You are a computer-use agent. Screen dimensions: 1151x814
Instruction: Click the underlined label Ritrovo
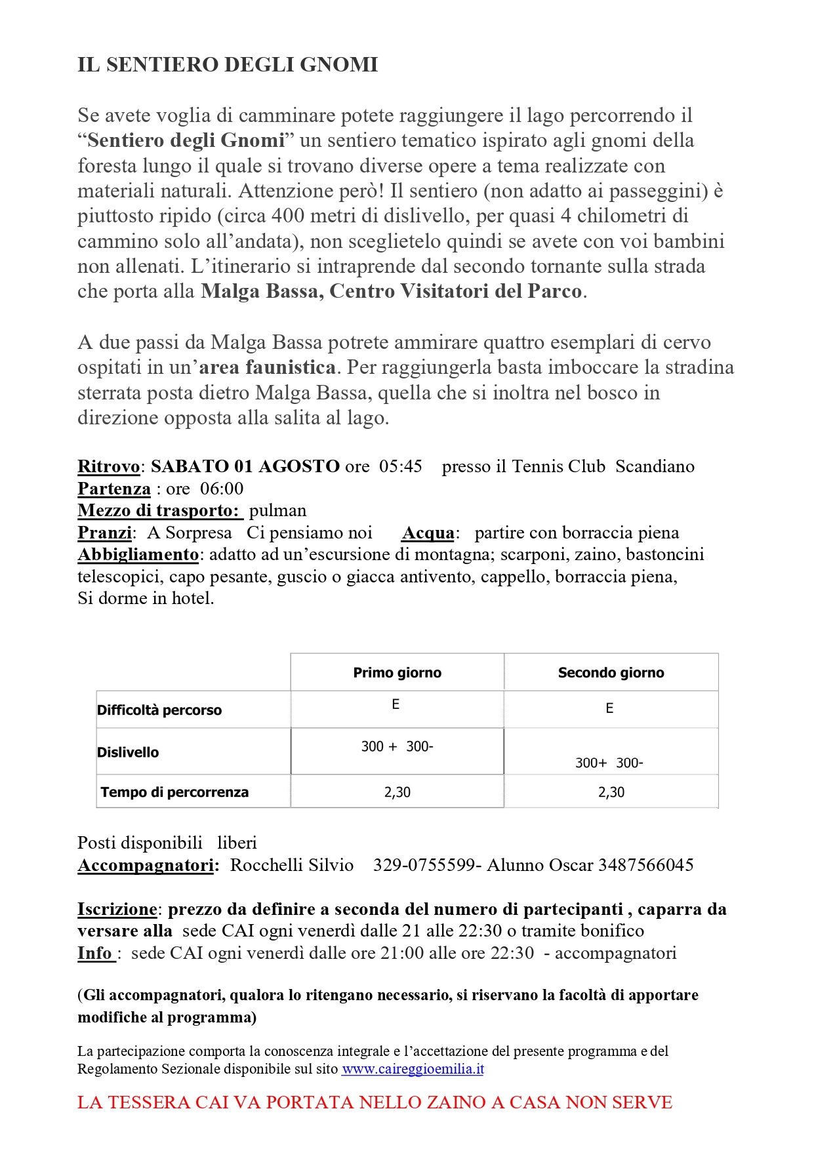[x=109, y=466]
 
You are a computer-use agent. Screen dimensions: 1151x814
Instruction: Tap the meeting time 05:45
[x=400, y=466]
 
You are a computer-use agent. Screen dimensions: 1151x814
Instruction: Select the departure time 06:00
[x=222, y=489]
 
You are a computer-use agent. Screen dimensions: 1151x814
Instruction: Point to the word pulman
[x=277, y=510]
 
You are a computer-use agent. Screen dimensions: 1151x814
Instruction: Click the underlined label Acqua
[x=428, y=533]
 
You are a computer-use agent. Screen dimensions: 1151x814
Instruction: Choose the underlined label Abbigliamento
[x=138, y=554]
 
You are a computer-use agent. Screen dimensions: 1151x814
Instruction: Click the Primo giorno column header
[x=397, y=672]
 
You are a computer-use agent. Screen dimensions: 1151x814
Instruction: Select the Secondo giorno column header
[x=611, y=672]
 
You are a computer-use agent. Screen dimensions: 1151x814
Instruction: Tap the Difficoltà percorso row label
[x=159, y=710]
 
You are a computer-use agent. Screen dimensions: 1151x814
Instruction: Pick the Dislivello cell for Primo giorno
[x=397, y=746]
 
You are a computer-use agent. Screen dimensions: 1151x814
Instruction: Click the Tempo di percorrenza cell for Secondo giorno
[x=611, y=792]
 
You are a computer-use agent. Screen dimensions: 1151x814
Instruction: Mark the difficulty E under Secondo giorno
[x=609, y=708]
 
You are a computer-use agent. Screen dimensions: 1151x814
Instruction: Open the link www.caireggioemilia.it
[x=413, y=1068]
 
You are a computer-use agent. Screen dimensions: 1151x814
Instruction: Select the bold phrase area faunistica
[x=268, y=367]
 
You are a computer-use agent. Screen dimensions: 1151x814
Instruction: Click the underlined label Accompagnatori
[x=146, y=865]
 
